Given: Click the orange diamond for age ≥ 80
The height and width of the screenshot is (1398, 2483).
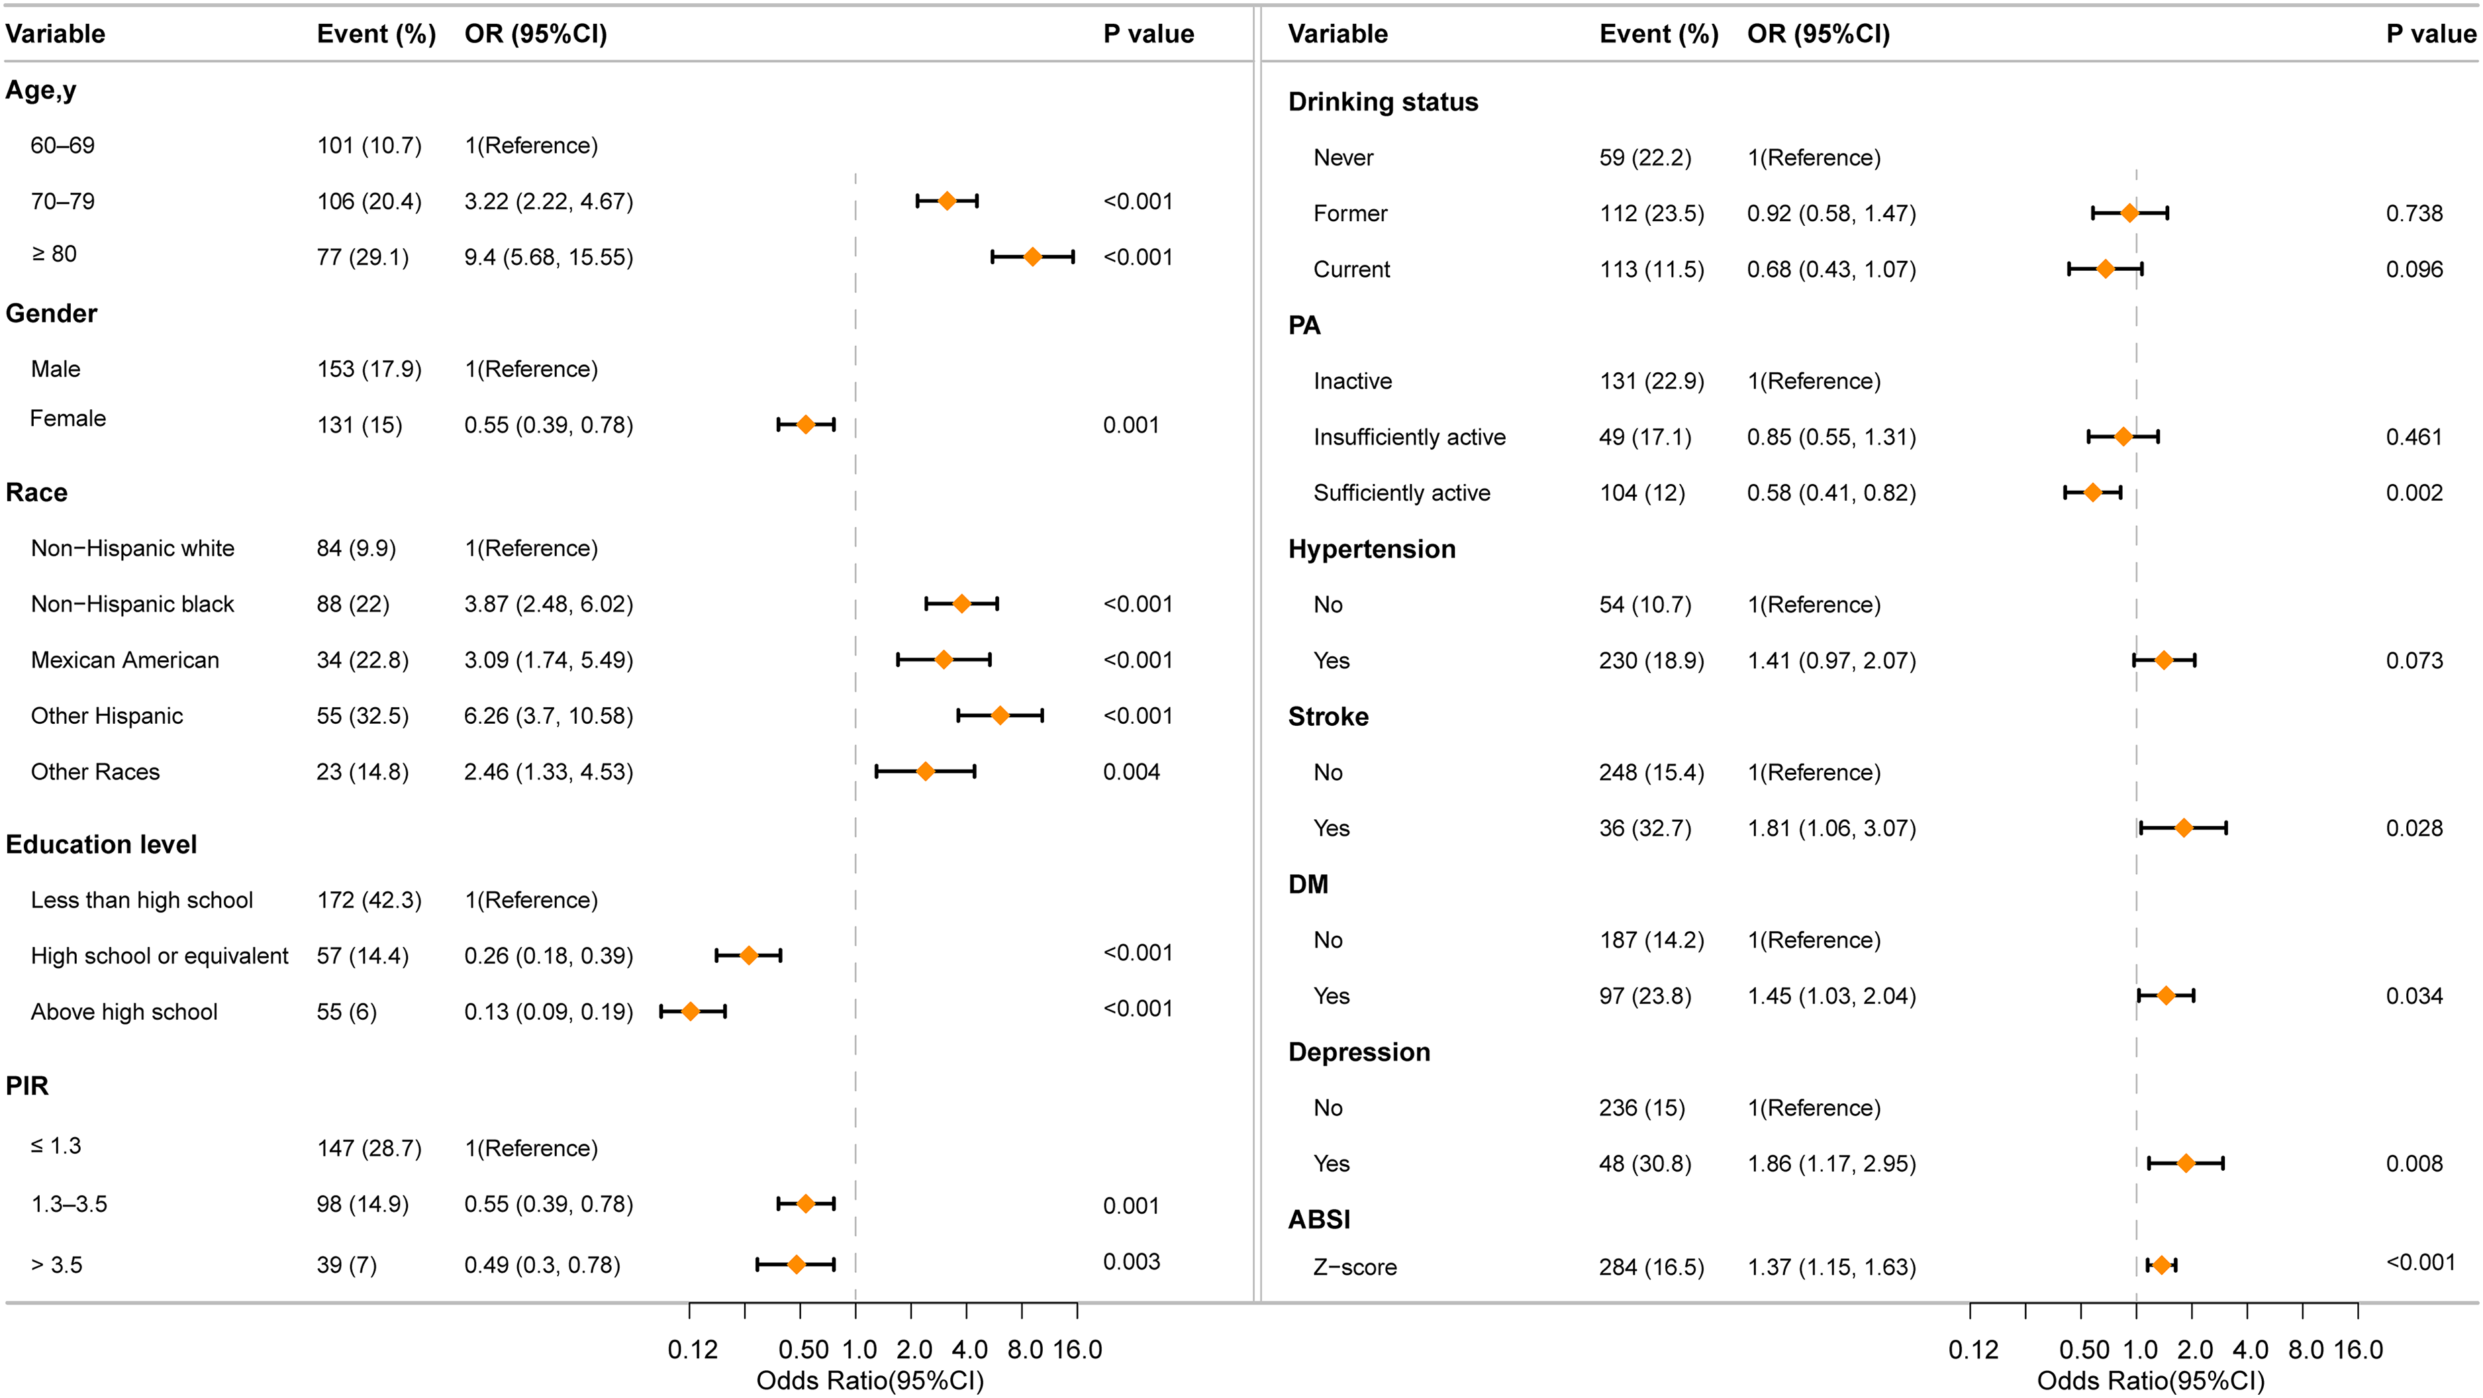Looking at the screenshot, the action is [1032, 256].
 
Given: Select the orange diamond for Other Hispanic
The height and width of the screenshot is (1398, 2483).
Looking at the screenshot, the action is [1000, 715].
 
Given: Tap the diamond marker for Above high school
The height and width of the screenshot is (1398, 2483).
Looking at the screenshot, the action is [690, 1011].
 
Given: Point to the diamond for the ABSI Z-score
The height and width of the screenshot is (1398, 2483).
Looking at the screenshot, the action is [2161, 1265].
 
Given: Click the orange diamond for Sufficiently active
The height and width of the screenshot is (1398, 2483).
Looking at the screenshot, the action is [2092, 493].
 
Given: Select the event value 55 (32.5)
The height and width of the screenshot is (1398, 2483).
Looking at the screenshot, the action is [362, 715].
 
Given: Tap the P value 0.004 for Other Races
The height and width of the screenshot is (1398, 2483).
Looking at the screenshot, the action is [1132, 772].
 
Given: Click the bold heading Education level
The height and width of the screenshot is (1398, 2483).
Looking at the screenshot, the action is [101, 844].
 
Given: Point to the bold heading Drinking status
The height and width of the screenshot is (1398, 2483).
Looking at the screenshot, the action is [1383, 102].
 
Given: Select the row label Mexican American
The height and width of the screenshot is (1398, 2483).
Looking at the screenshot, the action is [125, 660].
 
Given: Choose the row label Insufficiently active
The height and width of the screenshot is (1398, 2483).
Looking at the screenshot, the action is [1409, 437].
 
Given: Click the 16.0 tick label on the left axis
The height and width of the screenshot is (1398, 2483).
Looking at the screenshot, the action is [1077, 1350].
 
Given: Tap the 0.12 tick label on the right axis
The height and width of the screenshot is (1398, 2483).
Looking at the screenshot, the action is [1973, 1350].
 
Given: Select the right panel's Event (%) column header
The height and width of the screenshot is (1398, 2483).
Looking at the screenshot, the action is [1659, 34].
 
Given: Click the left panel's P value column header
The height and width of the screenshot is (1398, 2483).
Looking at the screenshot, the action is [1149, 34].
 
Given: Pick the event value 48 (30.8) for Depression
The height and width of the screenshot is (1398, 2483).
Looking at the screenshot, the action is [1645, 1164].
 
